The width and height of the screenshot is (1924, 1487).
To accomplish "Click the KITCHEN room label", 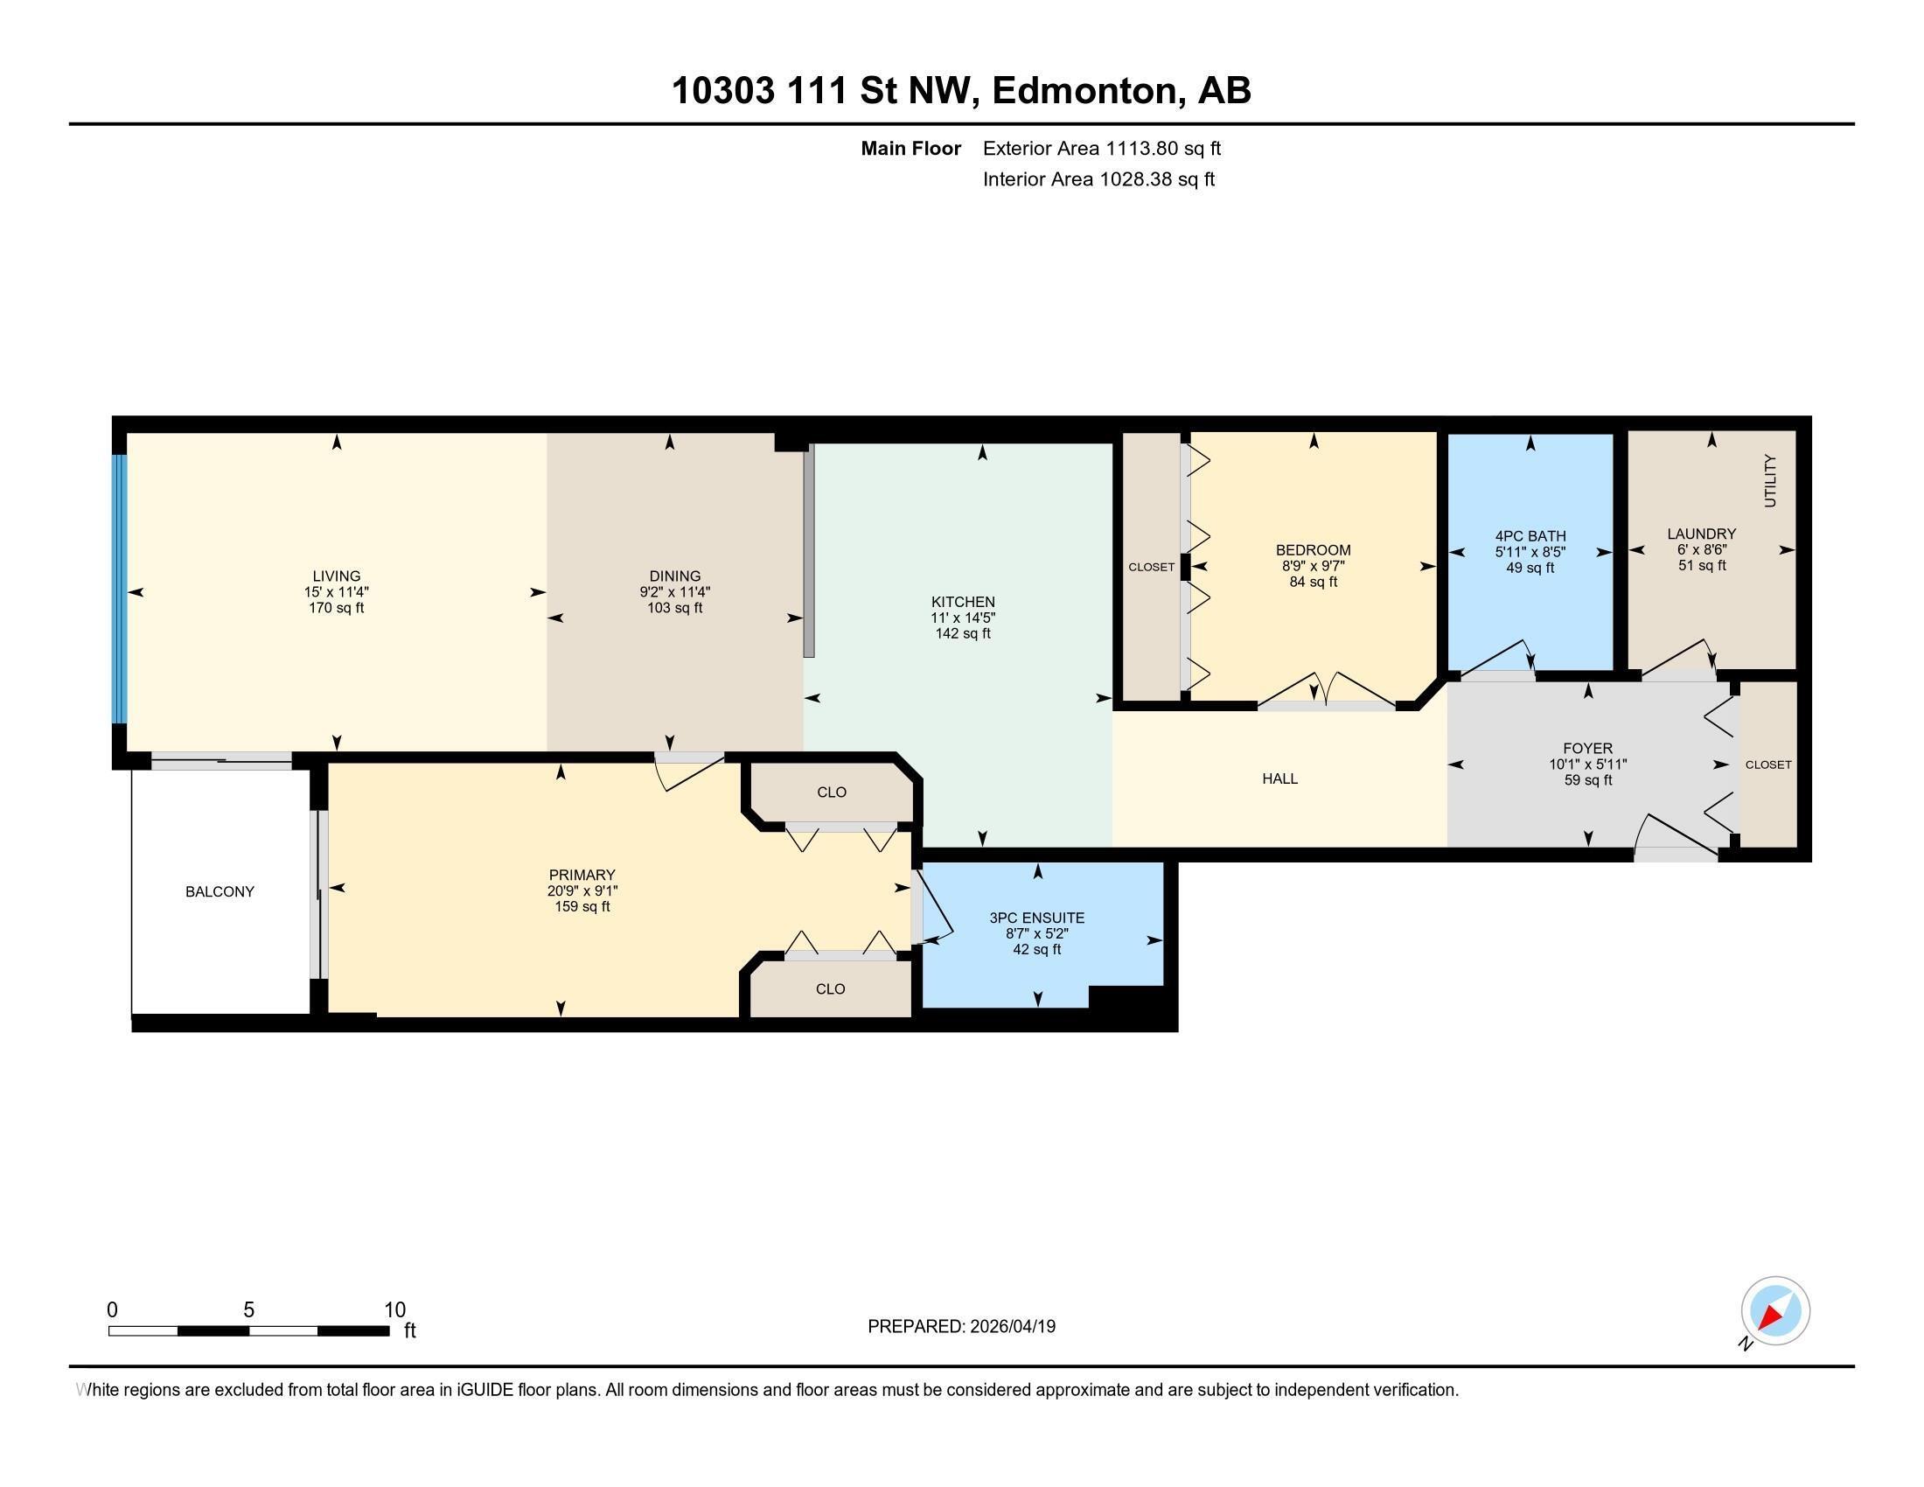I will pos(963,603).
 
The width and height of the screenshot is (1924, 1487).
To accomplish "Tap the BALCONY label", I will pos(220,891).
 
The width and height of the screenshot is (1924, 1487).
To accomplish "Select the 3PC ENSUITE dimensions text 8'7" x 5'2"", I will pos(1037,934).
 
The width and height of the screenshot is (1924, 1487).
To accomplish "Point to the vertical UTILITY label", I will pos(1770,481).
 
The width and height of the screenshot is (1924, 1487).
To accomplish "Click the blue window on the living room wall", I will pos(119,589).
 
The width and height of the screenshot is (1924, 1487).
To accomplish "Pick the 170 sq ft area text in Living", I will pos(336,608).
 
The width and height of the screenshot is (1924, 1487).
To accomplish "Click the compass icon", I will pos(1775,1311).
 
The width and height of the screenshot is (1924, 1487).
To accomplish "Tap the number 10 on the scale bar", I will pos(394,1310).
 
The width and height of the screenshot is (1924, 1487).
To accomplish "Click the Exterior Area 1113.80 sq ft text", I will pos(1101,148).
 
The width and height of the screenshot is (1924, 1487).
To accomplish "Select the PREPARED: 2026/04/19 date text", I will pos(961,1327).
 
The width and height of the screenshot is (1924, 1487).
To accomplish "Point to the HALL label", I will pos(1279,778).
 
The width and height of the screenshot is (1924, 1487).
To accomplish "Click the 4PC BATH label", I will pos(1530,535).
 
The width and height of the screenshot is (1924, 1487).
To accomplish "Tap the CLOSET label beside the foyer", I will pos(1768,764).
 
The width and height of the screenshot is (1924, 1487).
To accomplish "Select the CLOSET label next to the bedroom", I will pos(1151,568).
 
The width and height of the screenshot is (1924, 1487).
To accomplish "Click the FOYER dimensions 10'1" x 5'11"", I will pos(1587,764).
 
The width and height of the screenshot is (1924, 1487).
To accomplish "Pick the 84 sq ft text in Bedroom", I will pos(1313,583).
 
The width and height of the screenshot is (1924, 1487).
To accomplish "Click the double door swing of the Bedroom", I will pos(1327,689).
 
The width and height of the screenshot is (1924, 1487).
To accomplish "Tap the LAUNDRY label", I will pos(1701,534).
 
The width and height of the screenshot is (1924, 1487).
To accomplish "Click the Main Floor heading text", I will pos(910,148).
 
